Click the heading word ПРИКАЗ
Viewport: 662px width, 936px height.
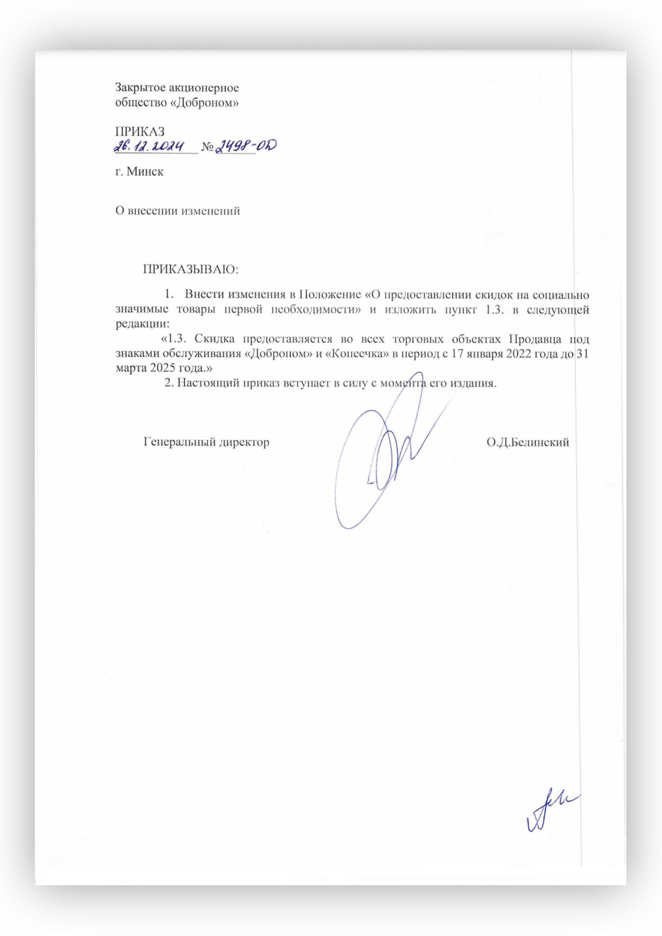click(x=139, y=132)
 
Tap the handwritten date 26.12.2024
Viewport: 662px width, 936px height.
click(x=149, y=147)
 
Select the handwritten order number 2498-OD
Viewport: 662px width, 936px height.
click(x=246, y=146)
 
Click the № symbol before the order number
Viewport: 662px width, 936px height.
click(x=208, y=148)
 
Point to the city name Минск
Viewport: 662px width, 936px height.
click(x=145, y=172)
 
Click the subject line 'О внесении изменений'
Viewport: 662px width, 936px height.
click(x=177, y=211)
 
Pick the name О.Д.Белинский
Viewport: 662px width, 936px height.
click(x=528, y=442)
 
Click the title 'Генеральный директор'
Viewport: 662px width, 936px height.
click(x=206, y=442)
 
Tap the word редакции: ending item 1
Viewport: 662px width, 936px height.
click(x=142, y=324)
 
